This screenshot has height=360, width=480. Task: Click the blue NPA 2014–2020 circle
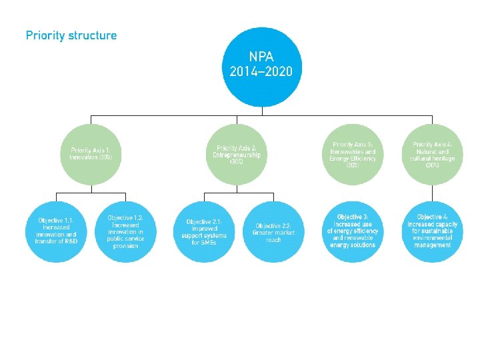261,66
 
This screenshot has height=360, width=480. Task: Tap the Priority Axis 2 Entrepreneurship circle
237,154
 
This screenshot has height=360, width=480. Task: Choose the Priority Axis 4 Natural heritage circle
433,154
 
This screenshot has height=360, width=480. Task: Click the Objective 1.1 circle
56,231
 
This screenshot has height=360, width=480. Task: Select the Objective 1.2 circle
125,231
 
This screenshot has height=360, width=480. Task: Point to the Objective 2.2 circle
273,231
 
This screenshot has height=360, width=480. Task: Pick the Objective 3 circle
353,231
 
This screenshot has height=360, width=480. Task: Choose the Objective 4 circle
433,231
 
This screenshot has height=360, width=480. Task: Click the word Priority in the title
45,35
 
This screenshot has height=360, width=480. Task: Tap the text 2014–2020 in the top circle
261,71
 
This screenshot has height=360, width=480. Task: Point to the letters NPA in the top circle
261,56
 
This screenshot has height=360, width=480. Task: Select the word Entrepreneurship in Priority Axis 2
237,155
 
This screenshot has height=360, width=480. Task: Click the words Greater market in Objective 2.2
273,233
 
